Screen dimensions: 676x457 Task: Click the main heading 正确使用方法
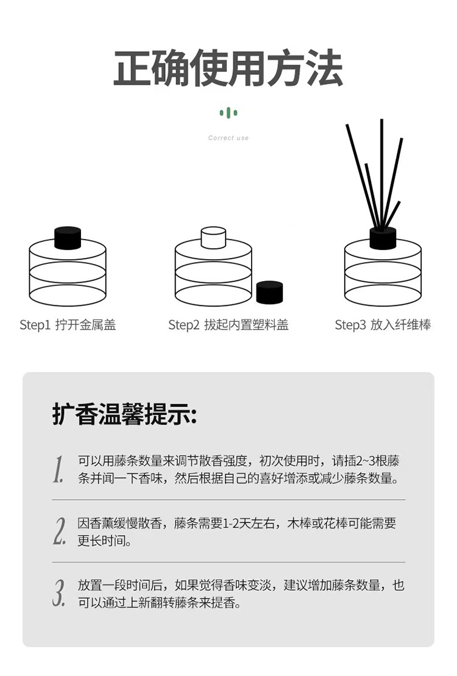click(228, 69)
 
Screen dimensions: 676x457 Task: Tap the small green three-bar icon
click(228, 113)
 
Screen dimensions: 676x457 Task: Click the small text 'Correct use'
click(228, 138)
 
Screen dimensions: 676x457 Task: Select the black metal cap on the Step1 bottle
click(68, 238)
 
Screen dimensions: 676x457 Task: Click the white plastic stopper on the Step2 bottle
click(213, 238)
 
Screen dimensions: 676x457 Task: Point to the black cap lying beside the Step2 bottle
click(269, 292)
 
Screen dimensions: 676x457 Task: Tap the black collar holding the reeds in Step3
click(383, 238)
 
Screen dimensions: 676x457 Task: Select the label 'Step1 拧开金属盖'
click(68, 326)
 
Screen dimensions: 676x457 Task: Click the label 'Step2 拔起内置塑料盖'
click(228, 326)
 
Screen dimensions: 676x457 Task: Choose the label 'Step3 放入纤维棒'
click(383, 326)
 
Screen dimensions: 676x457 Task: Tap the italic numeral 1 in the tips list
click(58, 469)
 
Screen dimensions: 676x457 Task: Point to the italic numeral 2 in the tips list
click(59, 531)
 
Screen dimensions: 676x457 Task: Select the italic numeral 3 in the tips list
click(59, 593)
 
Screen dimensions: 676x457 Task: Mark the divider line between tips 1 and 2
click(228, 500)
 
